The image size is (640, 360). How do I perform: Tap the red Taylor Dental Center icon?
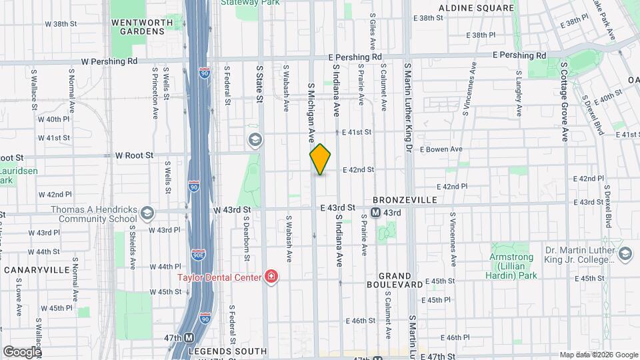coord(271,276)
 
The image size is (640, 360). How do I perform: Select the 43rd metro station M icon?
coord(375,213)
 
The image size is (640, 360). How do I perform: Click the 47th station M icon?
coord(189,338)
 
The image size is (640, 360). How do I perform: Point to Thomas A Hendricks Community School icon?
coord(147,213)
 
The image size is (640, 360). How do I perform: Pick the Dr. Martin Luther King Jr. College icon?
coord(625,253)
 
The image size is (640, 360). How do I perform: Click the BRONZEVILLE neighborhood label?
coord(404,200)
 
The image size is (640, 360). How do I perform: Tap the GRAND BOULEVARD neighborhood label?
coord(400,280)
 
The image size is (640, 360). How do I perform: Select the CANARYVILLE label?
coord(37,270)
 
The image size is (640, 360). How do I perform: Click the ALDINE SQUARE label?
coord(476,8)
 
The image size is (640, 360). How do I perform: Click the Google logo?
coord(22,351)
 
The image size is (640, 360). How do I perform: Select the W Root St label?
coord(134,155)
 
